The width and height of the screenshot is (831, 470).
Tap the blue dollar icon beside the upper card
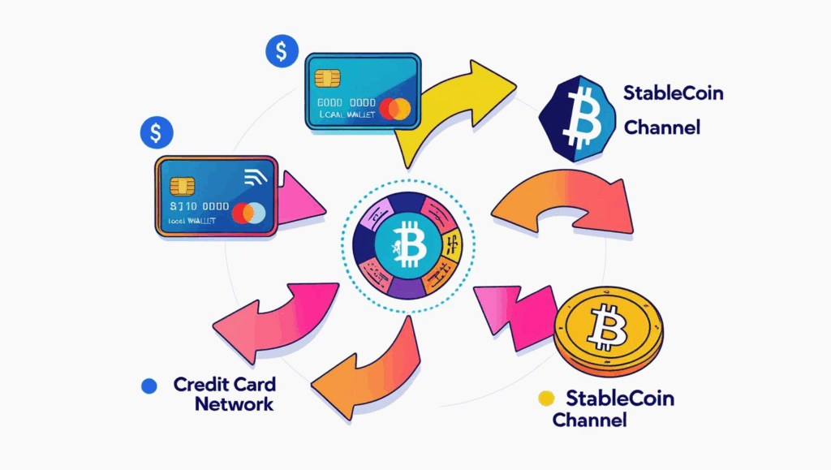pos(281,52)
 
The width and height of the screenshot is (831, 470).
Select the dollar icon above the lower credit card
pos(156,132)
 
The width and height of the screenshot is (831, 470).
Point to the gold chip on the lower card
pos(183,186)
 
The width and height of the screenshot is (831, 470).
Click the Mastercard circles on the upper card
pos(395,108)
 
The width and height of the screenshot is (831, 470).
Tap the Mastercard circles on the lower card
pos(248,213)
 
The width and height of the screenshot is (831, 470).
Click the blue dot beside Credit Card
pos(149,386)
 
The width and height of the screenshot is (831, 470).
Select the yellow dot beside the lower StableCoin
pos(546,398)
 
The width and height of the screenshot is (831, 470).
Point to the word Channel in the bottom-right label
pos(589,420)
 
